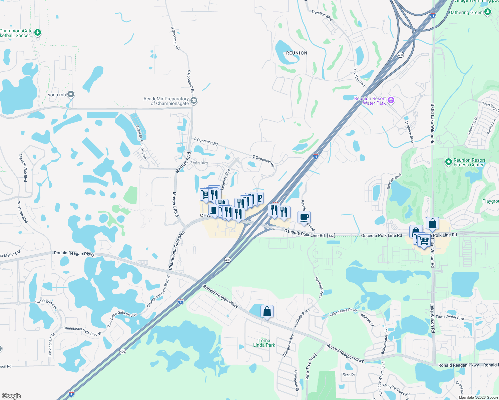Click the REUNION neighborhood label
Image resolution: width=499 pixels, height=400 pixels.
(297, 53)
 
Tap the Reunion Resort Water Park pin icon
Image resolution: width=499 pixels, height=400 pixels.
(391, 100)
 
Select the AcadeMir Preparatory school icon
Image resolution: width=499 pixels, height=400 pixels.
(194, 101)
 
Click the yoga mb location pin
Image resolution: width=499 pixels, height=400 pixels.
(71, 94)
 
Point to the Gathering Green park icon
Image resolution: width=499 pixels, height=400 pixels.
(488, 12)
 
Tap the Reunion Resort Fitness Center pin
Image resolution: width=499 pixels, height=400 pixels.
(449, 162)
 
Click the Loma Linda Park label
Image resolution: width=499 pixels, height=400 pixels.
(264, 343)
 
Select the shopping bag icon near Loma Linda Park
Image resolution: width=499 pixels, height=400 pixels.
(267, 311)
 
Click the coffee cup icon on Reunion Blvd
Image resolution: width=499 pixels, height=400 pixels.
(304, 217)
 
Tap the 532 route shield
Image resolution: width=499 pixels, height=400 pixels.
(331, 235)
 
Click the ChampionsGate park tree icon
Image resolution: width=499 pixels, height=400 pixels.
(38, 32)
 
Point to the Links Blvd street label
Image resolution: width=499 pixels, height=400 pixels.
(199, 163)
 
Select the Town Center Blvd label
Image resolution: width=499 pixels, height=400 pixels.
(450, 317)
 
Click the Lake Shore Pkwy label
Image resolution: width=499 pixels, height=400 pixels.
(343, 312)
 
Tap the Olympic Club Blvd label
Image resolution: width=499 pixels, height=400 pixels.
(23, 168)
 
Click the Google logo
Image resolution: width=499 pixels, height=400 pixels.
(11, 396)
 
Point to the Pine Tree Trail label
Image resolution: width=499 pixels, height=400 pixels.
(311, 366)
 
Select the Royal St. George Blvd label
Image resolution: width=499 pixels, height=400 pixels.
(141, 142)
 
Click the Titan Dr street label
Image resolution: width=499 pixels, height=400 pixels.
(349, 375)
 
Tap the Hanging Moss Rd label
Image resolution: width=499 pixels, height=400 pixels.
(396, 390)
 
